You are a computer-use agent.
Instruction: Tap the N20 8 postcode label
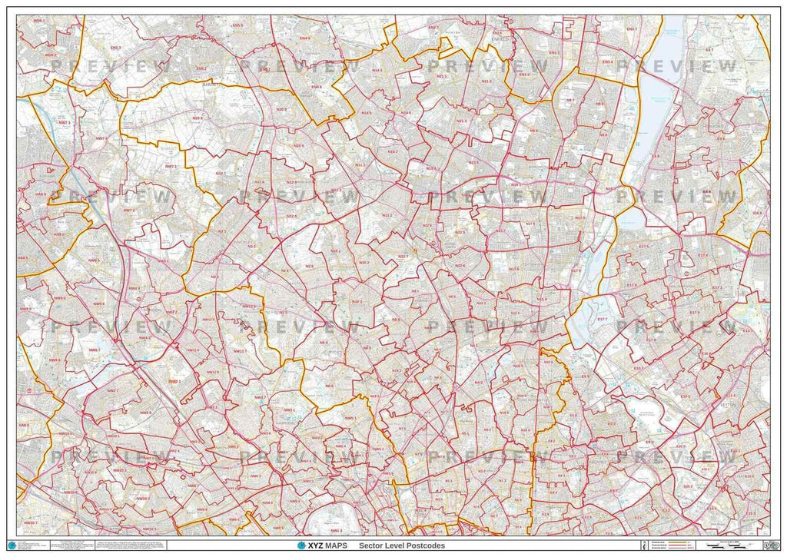198,118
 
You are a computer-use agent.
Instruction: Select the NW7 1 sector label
171,166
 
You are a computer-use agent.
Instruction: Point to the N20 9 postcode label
281,110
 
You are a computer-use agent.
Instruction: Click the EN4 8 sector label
316,87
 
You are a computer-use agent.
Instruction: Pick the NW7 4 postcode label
101,138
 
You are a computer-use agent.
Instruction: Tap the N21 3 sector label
486,81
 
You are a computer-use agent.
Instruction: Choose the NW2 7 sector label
111,391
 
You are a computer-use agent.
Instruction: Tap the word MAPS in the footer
336,545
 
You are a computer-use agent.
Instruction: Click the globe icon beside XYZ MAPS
301,545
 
